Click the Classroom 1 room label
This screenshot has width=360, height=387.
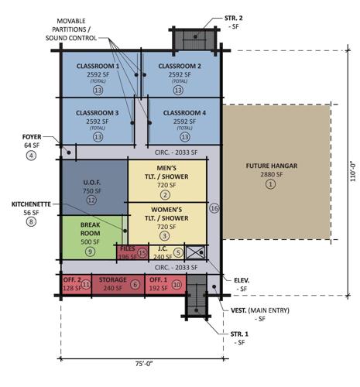pyautogui.click(x=98, y=67)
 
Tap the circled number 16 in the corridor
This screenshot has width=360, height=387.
pyautogui.click(x=214, y=208)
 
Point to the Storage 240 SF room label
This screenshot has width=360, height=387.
pyautogui.click(x=114, y=280)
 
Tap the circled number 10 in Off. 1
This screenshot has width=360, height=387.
pyautogui.click(x=176, y=285)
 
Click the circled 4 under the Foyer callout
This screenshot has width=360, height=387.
pyautogui.click(x=31, y=156)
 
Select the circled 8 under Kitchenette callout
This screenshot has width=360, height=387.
pyautogui.click(x=31, y=222)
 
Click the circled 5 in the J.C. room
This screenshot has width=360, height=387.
pyautogui.click(x=177, y=252)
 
